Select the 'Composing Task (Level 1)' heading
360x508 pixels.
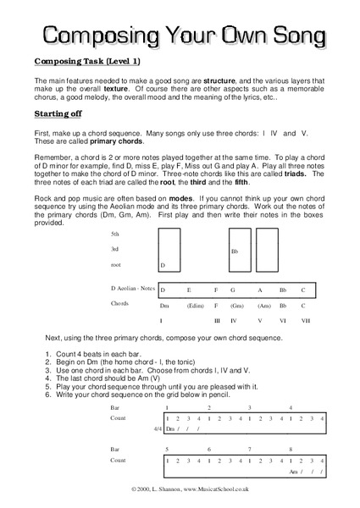(x=87, y=62)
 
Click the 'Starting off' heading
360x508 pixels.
(x=58, y=113)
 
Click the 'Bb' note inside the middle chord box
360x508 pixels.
(x=235, y=251)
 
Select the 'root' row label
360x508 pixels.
(x=116, y=265)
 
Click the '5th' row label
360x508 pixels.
(x=115, y=234)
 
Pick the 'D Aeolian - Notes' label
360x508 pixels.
(x=133, y=289)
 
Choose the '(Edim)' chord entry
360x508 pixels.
(x=195, y=305)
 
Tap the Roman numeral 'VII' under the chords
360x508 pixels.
(x=307, y=321)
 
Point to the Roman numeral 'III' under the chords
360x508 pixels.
(x=218, y=321)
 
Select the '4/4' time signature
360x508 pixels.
(x=158, y=428)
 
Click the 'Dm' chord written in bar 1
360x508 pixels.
(x=170, y=428)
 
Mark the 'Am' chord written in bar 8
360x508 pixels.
(x=294, y=471)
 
